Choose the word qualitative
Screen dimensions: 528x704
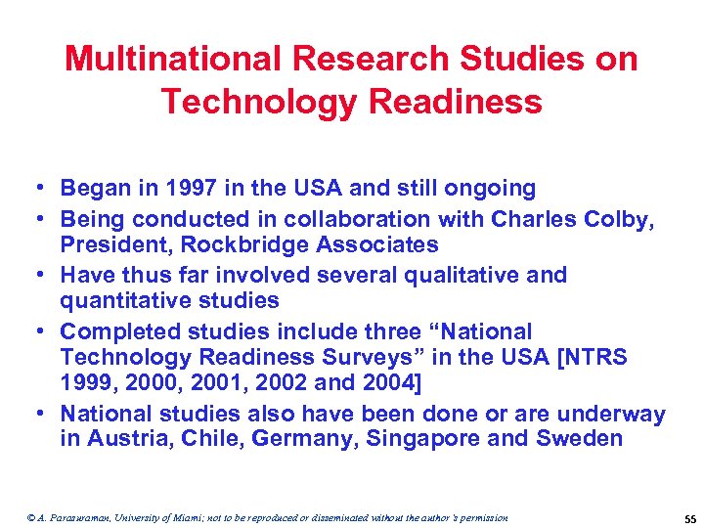pyautogui.click(x=456, y=275)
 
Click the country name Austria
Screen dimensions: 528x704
pyautogui.click(x=125, y=438)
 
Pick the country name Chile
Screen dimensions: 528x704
pyautogui.click(x=207, y=438)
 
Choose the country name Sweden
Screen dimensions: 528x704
pyautogui.click(x=579, y=438)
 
